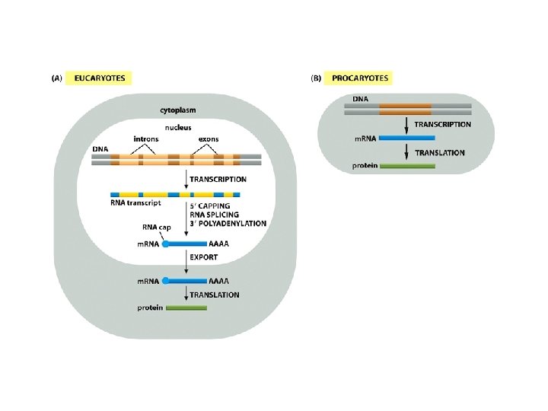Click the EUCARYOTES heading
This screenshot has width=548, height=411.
(x=100, y=78)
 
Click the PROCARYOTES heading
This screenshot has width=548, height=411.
(x=359, y=78)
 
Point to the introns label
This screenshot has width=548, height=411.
(x=146, y=139)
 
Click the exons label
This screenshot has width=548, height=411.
(x=209, y=139)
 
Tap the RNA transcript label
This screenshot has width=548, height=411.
(x=134, y=203)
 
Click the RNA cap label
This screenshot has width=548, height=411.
(x=156, y=227)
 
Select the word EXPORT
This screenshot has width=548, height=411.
(x=204, y=257)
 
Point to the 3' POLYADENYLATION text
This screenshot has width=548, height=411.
(x=228, y=223)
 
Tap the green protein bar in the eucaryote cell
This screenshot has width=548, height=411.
(x=186, y=308)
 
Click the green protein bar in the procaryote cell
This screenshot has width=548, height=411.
(x=407, y=165)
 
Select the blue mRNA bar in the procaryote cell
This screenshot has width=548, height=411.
(x=406, y=138)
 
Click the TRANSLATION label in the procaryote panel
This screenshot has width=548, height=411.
(x=440, y=152)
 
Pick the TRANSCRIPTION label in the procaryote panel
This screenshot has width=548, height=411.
(x=442, y=124)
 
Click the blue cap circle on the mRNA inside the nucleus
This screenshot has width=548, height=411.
(x=166, y=244)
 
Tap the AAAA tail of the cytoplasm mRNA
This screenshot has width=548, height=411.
(x=218, y=281)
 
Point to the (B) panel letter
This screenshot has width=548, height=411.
(x=315, y=78)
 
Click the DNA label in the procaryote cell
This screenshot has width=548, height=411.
(x=361, y=98)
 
